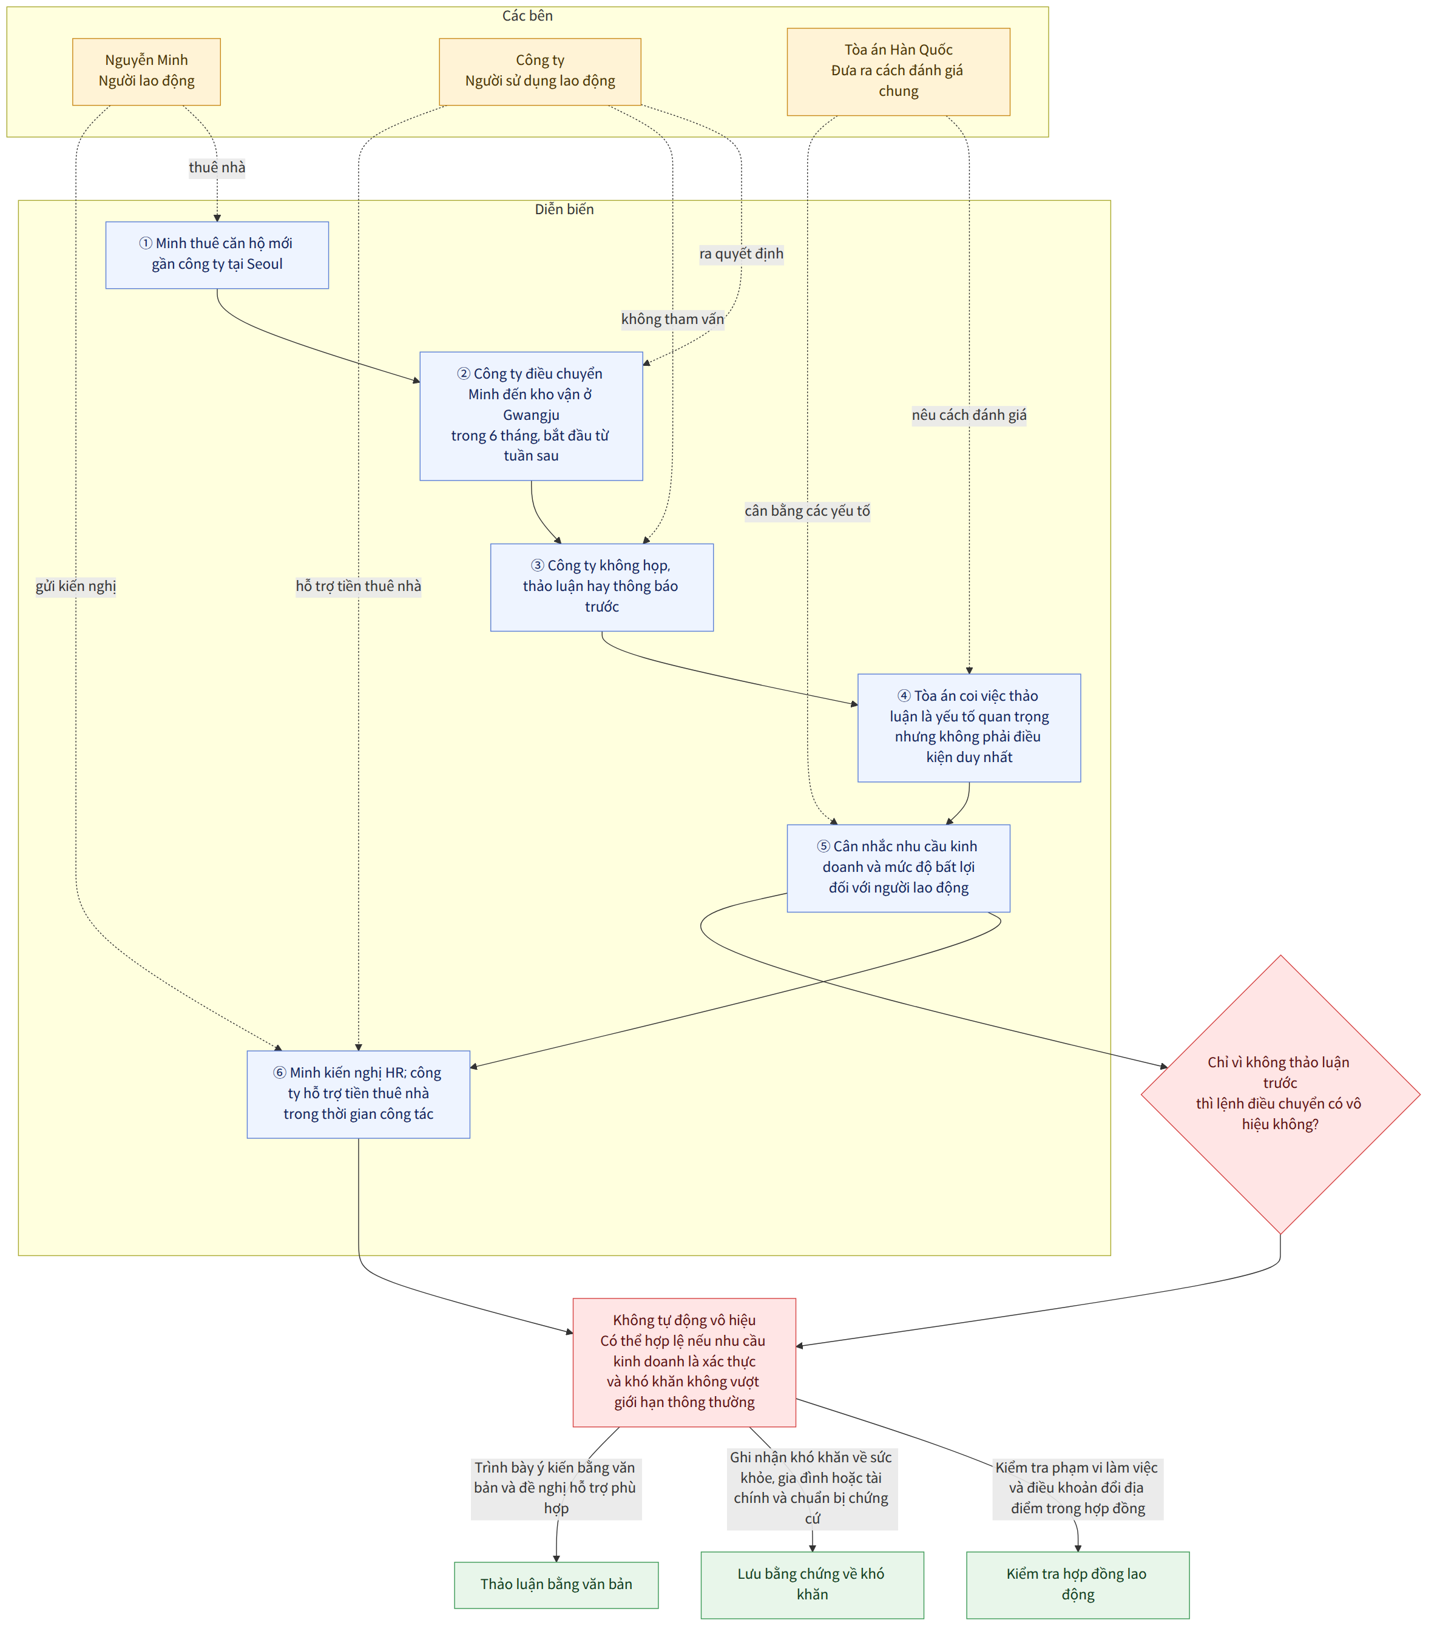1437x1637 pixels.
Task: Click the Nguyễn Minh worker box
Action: (147, 71)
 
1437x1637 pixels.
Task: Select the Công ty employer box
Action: (540, 71)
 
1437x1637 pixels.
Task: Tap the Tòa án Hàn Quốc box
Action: (898, 71)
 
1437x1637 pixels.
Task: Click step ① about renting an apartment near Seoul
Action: (217, 255)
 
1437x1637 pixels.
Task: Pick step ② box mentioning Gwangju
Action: (531, 416)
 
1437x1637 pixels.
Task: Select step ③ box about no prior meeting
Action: (601, 587)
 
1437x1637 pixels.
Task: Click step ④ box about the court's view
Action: (969, 727)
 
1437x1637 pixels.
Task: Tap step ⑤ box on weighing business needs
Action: (898, 868)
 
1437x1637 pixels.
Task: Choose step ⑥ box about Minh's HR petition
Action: (358, 1094)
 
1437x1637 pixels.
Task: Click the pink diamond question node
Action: (1280, 1094)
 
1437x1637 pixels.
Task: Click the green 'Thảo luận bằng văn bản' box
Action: (556, 1584)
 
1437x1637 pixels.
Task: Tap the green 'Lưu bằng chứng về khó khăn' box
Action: (812, 1584)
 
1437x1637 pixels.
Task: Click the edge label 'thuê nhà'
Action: (217, 167)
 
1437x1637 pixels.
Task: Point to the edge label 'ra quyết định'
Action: (741, 254)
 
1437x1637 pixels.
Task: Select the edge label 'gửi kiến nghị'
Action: (76, 586)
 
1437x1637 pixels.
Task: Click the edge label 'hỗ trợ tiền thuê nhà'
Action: (358, 586)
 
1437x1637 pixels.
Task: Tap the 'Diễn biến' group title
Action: (564, 209)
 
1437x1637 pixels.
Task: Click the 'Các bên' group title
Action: (527, 16)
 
